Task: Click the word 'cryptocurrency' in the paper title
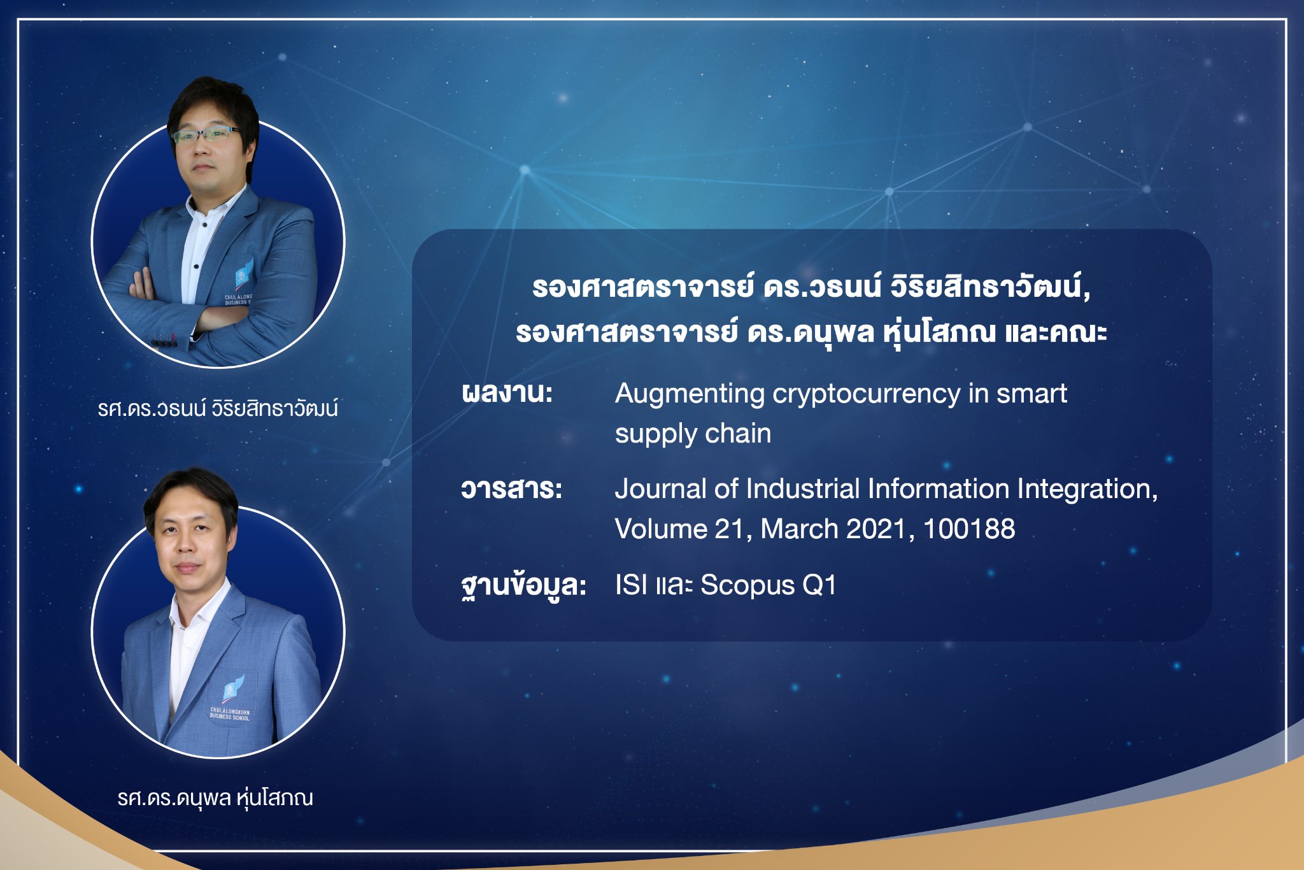(867, 394)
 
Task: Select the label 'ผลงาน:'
(507, 392)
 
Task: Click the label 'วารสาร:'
(511, 489)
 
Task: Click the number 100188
(969, 529)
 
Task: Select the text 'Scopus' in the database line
(748, 586)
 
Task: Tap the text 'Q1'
(819, 585)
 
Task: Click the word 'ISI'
(631, 585)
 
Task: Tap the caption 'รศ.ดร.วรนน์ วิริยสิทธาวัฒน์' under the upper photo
(218, 408)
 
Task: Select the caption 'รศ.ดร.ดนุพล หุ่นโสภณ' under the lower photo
(215, 798)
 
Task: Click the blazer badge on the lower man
(232, 697)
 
